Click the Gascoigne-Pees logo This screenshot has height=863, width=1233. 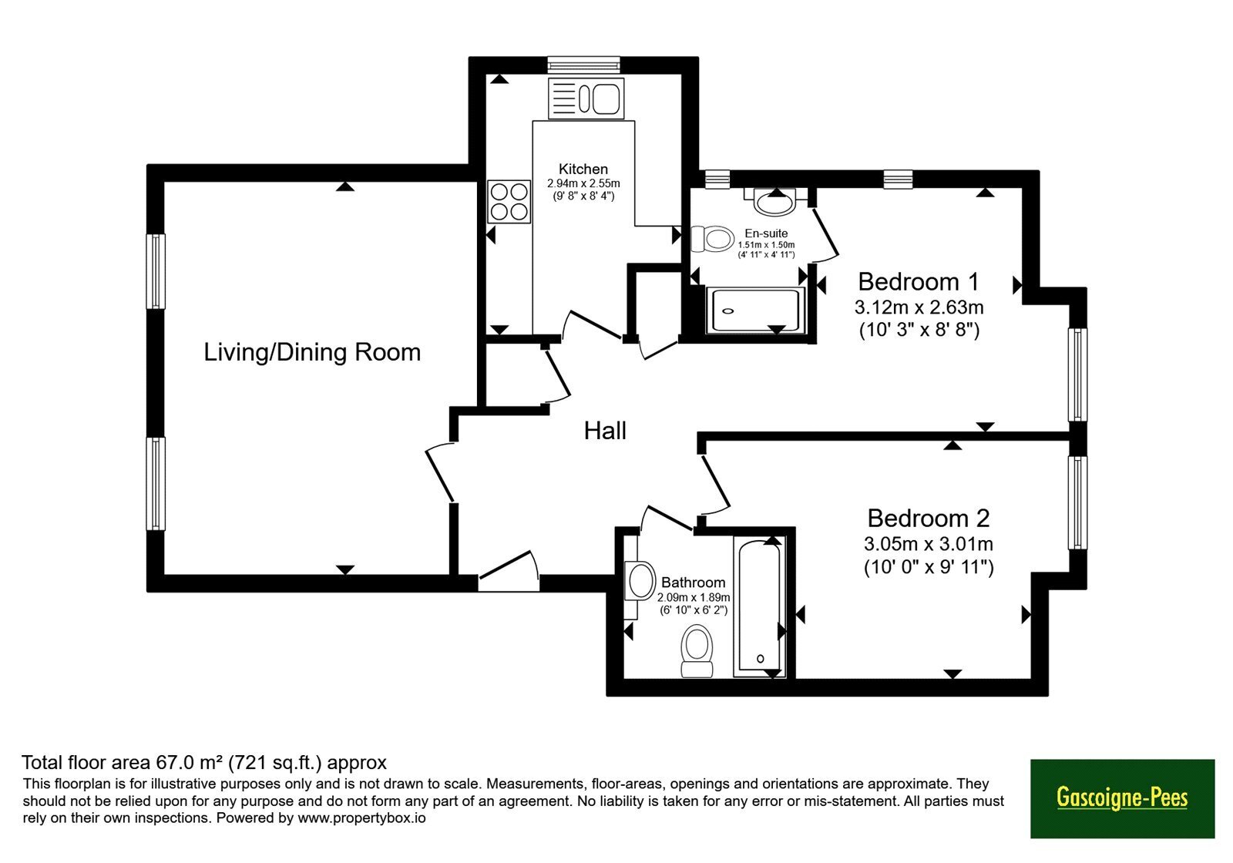(1122, 798)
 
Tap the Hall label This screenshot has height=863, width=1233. (605, 431)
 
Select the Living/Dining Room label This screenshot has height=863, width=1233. (312, 352)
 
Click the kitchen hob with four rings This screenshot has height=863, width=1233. (509, 201)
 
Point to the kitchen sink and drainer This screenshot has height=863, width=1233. (586, 98)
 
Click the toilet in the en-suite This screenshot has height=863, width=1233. (712, 239)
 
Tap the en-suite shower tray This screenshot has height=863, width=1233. (755, 311)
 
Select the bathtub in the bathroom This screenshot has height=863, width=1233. (760, 607)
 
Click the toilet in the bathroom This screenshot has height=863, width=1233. (697, 652)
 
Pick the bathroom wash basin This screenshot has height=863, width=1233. (640, 581)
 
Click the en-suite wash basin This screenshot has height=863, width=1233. (775, 201)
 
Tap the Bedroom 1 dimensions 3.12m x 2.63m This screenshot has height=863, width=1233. (919, 307)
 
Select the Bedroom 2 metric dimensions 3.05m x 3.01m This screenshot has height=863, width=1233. (928, 544)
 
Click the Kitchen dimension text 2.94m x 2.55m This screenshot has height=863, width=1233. (583, 183)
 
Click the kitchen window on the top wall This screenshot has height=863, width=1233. (584, 65)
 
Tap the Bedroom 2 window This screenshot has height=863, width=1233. (1078, 502)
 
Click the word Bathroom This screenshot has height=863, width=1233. (693, 583)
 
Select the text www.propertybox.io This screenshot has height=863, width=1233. (361, 818)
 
